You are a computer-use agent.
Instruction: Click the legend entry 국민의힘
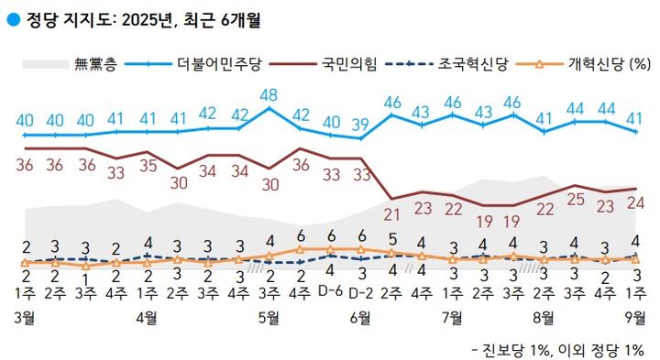click(x=349, y=65)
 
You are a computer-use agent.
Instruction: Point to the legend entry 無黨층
click(x=91, y=65)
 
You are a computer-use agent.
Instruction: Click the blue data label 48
click(x=269, y=94)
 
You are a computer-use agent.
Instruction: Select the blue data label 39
click(x=361, y=124)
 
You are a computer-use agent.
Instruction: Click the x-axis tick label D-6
click(x=330, y=292)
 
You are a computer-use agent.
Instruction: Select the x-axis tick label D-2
click(x=361, y=292)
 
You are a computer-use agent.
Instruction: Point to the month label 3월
click(x=26, y=318)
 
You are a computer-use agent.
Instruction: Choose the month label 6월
click(x=361, y=318)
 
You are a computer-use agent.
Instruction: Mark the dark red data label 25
click(x=575, y=199)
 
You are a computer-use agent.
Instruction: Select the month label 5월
click(x=269, y=318)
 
